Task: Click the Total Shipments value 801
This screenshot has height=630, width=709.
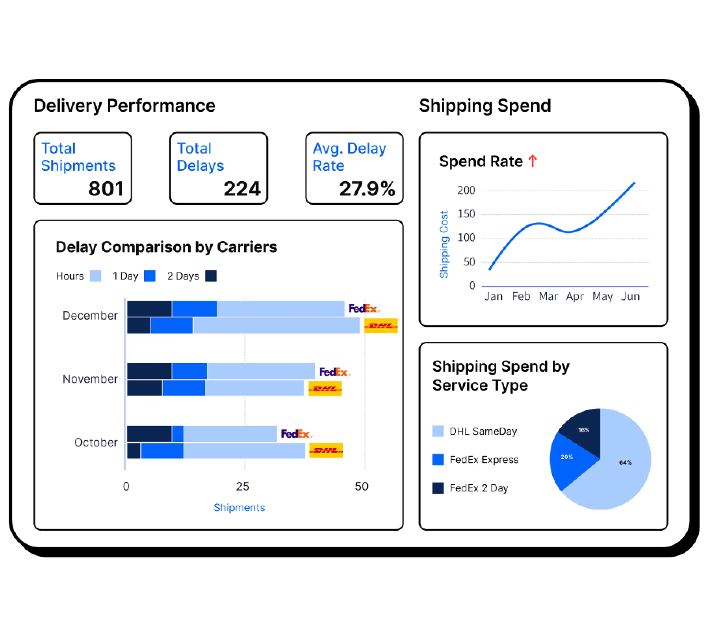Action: click(x=106, y=189)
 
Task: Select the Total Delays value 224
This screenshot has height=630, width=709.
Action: click(x=242, y=189)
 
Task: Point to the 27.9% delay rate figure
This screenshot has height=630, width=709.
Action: click(x=367, y=189)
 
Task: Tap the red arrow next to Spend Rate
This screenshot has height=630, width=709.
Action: click(x=533, y=161)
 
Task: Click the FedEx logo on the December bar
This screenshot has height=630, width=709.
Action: click(x=364, y=308)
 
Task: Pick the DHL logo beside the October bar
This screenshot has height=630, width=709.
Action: click(x=326, y=450)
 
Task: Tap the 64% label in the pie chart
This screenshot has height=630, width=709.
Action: click(x=625, y=462)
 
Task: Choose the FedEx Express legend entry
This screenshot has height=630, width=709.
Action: click(x=484, y=460)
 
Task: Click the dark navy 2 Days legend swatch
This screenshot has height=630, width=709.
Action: click(x=211, y=276)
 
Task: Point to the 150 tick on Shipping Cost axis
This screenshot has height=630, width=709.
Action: click(x=466, y=214)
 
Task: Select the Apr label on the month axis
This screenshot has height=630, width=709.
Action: click(x=575, y=296)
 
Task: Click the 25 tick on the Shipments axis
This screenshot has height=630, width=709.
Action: click(x=243, y=487)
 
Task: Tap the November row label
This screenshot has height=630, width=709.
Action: click(x=90, y=379)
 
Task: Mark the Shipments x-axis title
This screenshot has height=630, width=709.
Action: click(x=239, y=508)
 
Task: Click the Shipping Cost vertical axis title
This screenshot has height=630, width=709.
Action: click(x=444, y=245)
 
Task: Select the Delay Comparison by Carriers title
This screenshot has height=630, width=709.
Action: click(x=166, y=247)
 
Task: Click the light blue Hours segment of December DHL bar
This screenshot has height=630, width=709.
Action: click(x=276, y=326)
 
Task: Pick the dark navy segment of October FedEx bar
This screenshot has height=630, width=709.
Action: click(x=149, y=434)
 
